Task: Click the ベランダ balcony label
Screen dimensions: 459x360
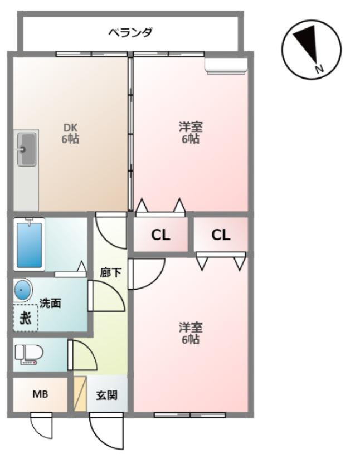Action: pos(130,32)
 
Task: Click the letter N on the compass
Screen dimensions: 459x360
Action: pos(319,69)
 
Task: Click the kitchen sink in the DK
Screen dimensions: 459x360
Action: pos(26,149)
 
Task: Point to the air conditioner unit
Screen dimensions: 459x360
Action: pos(226,66)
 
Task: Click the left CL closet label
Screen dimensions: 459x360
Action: pos(160,235)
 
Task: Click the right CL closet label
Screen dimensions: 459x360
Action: pos(221,235)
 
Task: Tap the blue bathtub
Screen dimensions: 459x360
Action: pos(30,245)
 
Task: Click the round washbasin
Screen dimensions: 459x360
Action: pos(22,290)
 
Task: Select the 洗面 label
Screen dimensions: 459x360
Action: pos(50,304)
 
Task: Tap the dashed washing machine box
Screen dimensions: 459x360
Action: pos(26,319)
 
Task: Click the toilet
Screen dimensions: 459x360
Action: pos(28,355)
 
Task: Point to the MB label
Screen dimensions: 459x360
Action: pos(40,395)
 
